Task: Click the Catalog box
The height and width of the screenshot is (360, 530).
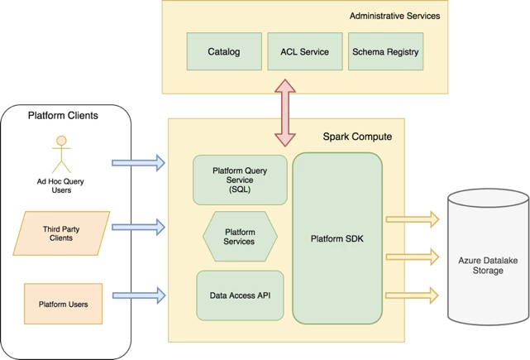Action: click(x=224, y=51)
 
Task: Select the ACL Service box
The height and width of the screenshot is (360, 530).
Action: click(x=304, y=51)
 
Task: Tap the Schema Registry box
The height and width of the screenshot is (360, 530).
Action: click(x=385, y=51)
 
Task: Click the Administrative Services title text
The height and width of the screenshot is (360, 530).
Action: click(x=394, y=16)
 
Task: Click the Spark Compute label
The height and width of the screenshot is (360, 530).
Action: click(x=357, y=136)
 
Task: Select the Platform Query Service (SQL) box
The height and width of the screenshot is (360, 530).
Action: click(x=240, y=180)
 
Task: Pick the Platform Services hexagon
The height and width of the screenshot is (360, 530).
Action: click(x=240, y=236)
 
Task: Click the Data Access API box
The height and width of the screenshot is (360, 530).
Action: click(x=240, y=295)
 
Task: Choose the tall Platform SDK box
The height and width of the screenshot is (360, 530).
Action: click(x=337, y=238)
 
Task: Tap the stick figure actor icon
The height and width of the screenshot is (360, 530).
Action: click(x=60, y=155)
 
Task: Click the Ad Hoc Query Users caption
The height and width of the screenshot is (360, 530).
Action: click(x=60, y=185)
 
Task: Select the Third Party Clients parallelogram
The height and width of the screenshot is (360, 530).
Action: click(x=64, y=233)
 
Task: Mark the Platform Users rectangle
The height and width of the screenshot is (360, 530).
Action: click(x=64, y=305)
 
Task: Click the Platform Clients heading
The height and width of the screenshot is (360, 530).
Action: click(x=64, y=116)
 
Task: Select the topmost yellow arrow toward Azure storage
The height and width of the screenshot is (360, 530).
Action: click(x=413, y=219)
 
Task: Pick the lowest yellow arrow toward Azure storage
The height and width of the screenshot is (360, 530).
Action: click(x=413, y=293)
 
